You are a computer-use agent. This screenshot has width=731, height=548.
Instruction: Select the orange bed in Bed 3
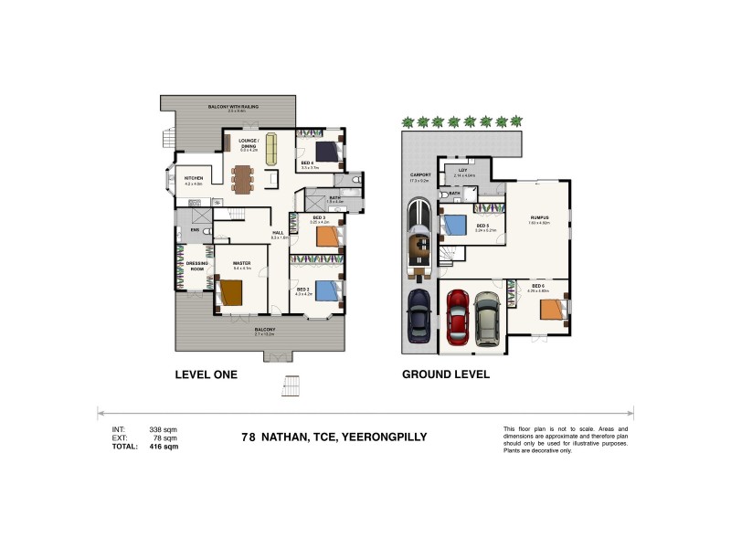[327, 236]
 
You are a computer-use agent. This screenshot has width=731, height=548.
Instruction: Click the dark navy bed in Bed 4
[326, 151]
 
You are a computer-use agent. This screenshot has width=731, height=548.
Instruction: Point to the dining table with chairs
[241, 178]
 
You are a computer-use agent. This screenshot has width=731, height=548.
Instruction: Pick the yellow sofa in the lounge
[270, 153]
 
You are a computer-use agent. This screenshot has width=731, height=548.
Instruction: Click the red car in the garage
[458, 315]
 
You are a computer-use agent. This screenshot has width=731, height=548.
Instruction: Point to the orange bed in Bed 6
[552, 309]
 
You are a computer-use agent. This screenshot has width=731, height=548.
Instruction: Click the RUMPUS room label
[539, 217]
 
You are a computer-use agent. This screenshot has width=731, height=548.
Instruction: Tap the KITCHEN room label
[193, 178]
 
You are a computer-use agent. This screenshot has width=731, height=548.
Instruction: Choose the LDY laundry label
[463, 170]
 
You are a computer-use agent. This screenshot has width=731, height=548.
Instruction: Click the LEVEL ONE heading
[206, 374]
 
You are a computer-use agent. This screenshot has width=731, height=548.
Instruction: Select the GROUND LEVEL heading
[445, 374]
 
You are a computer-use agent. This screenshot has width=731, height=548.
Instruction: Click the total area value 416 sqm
[164, 447]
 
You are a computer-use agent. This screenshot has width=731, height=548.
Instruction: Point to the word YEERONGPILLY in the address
[383, 437]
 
